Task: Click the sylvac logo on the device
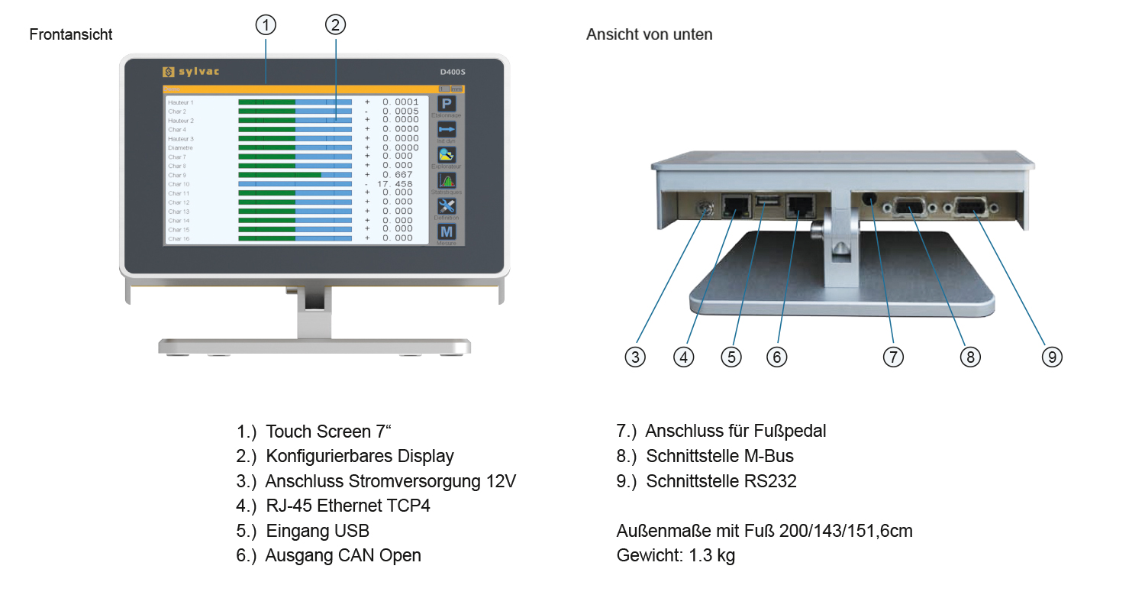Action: (x=191, y=72)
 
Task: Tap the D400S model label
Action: (x=452, y=72)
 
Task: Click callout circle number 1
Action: (x=265, y=25)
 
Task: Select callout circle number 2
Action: (x=335, y=25)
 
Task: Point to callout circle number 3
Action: (x=635, y=357)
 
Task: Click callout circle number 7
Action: (x=893, y=357)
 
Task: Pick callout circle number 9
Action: (x=1052, y=357)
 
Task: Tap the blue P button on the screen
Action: (x=447, y=105)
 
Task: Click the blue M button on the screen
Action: (x=447, y=232)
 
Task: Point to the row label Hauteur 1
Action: (x=181, y=102)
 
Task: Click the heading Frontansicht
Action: (x=71, y=34)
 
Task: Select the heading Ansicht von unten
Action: (x=650, y=34)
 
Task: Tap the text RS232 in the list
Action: (x=769, y=481)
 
